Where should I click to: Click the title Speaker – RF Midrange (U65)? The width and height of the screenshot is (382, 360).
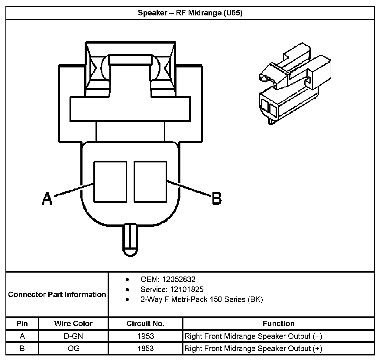pos(190,13)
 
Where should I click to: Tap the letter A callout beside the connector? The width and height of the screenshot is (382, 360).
pos(47,198)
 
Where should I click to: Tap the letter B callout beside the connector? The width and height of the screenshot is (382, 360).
pos(217,198)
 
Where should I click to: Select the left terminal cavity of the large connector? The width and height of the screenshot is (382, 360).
pos(110,182)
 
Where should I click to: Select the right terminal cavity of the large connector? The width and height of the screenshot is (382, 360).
pos(150,182)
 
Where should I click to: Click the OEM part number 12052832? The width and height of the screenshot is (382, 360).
pos(178,279)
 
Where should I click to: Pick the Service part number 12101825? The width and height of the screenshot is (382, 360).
pos(187,289)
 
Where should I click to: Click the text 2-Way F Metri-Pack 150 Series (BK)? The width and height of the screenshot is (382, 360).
pos(202,299)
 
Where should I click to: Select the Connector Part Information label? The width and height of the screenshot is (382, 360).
pos(57,294)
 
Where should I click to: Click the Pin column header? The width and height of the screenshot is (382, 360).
pos(22,323)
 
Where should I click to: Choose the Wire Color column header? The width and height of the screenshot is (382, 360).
pos(73,323)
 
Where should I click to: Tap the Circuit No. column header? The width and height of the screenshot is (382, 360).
pos(145,323)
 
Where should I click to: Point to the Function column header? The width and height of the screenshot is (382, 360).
pos(278,323)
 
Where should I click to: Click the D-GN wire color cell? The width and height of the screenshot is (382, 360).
pos(73,336)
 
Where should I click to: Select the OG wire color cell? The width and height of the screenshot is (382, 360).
pos(73,349)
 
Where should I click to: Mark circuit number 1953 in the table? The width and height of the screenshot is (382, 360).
pos(145,336)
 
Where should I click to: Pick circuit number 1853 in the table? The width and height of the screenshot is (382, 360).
pos(145,349)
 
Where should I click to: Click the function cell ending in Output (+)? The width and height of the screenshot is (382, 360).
pos(253,349)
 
